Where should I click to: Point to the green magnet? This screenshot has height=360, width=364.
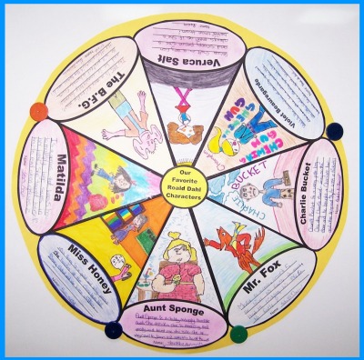click(x=238, y=334)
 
